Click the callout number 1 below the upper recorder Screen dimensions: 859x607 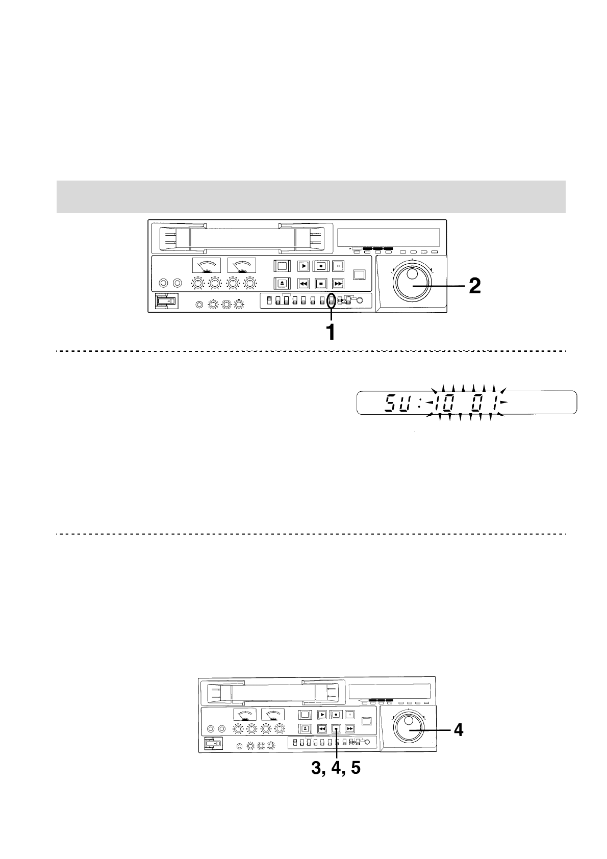pos(331,332)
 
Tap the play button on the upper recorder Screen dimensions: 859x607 pos(303,266)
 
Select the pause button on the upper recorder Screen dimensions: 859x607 pos(338,266)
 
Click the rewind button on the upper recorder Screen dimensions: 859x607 pos(303,284)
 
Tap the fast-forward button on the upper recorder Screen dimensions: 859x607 pos(338,284)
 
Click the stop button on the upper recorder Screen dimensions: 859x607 pos(320,284)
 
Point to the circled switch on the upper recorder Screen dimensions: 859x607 pos(331,300)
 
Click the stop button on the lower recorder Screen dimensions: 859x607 pos(336,728)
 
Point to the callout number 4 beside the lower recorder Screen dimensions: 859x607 pos(459,730)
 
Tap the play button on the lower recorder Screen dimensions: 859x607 pos(322,715)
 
